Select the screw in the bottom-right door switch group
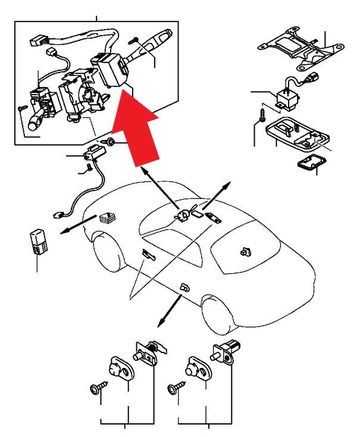pyautogui.click(x=174, y=388)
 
